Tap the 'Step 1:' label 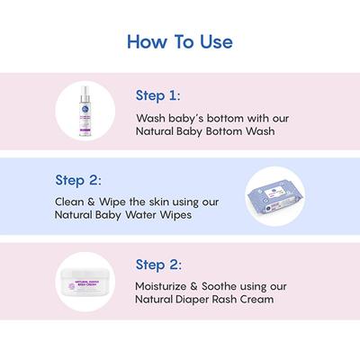pos(157,94)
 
